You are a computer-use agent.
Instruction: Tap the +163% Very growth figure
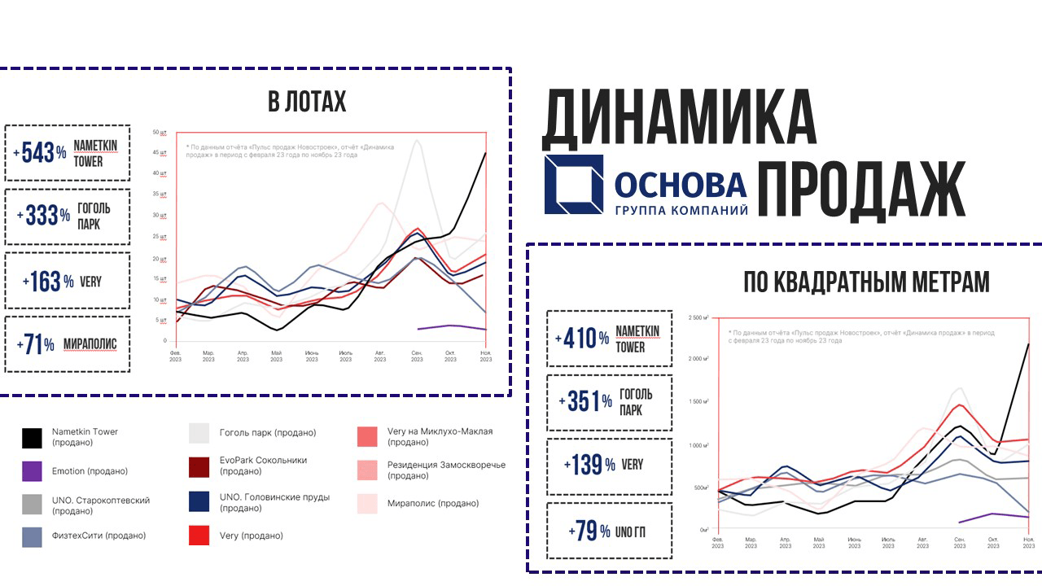tap(47, 282)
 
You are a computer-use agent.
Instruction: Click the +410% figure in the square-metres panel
tap(581, 339)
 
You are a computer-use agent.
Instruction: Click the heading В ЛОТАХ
tap(307, 103)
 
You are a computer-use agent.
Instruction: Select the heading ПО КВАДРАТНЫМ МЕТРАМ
tap(866, 282)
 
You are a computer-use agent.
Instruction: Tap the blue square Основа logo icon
tap(574, 185)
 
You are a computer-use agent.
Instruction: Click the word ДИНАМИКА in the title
tap(679, 118)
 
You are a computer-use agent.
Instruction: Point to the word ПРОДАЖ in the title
tap(861, 189)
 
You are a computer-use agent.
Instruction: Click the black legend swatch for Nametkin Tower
tap(32, 438)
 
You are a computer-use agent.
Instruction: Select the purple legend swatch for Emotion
tap(32, 471)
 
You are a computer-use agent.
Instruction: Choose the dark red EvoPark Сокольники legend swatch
tap(199, 466)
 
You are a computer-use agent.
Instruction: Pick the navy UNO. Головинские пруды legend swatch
tap(199, 502)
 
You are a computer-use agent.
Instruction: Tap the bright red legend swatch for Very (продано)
tap(199, 536)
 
